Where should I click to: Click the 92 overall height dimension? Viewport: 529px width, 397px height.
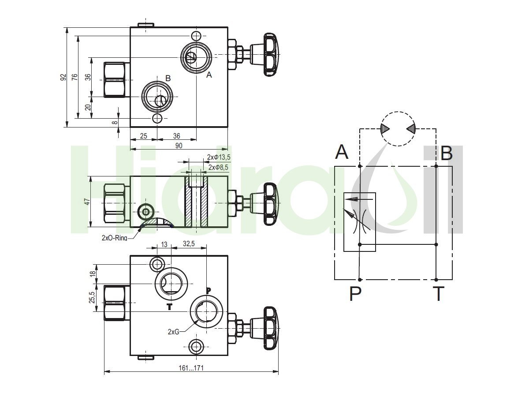tap(63, 77)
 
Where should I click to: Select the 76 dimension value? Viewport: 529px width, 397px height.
tap(75, 77)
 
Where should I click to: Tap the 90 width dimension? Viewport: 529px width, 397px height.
tap(179, 146)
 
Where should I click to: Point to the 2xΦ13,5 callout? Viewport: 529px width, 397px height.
tap(219, 157)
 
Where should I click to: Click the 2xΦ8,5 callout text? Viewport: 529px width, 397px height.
tap(218, 167)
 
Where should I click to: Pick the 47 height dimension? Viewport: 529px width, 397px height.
tap(87, 202)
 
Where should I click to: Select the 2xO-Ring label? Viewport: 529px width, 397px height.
tap(114, 238)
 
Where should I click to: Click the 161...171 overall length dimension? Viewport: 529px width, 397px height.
tap(191, 368)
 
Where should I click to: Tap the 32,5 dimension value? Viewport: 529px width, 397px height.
tap(189, 243)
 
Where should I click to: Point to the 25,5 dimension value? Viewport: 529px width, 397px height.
tap(92, 297)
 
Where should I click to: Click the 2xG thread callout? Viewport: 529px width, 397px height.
tap(174, 332)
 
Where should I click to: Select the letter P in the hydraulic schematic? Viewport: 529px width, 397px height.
tap(355, 294)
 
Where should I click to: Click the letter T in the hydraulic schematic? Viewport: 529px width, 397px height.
tap(439, 294)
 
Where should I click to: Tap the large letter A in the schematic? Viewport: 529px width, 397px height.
tap(342, 152)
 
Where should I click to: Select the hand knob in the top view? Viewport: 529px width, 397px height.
tap(272, 55)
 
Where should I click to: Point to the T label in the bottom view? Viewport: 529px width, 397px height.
tap(170, 307)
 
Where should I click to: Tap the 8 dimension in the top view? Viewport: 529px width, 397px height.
tap(115, 122)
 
